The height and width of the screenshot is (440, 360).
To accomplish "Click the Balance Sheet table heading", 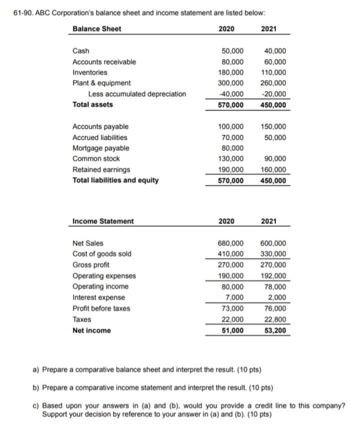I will [x=96, y=29].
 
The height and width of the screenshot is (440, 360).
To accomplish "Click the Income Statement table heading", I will [x=103, y=221].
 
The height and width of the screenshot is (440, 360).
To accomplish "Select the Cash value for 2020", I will [x=232, y=51].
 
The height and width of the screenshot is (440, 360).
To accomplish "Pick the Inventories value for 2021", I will [x=273, y=73].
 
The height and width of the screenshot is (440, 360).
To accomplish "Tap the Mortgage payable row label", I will [x=100, y=148].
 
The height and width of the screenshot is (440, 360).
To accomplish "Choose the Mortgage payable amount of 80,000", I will [x=232, y=148].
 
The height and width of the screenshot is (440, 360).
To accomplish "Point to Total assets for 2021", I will [x=273, y=105].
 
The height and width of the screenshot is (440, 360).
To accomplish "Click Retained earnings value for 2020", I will [x=232, y=170].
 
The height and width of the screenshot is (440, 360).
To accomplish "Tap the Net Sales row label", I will [x=88, y=243].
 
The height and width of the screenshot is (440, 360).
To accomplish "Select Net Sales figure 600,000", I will [x=273, y=243].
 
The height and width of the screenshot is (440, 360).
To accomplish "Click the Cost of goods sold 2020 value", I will [x=232, y=254].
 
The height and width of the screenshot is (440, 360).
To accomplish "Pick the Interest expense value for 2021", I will [x=277, y=298].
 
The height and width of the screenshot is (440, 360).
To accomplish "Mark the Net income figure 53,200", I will [x=275, y=330].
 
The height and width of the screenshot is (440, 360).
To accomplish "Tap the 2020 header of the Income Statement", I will [x=227, y=221].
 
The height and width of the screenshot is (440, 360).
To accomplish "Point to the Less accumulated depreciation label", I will [x=137, y=94].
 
